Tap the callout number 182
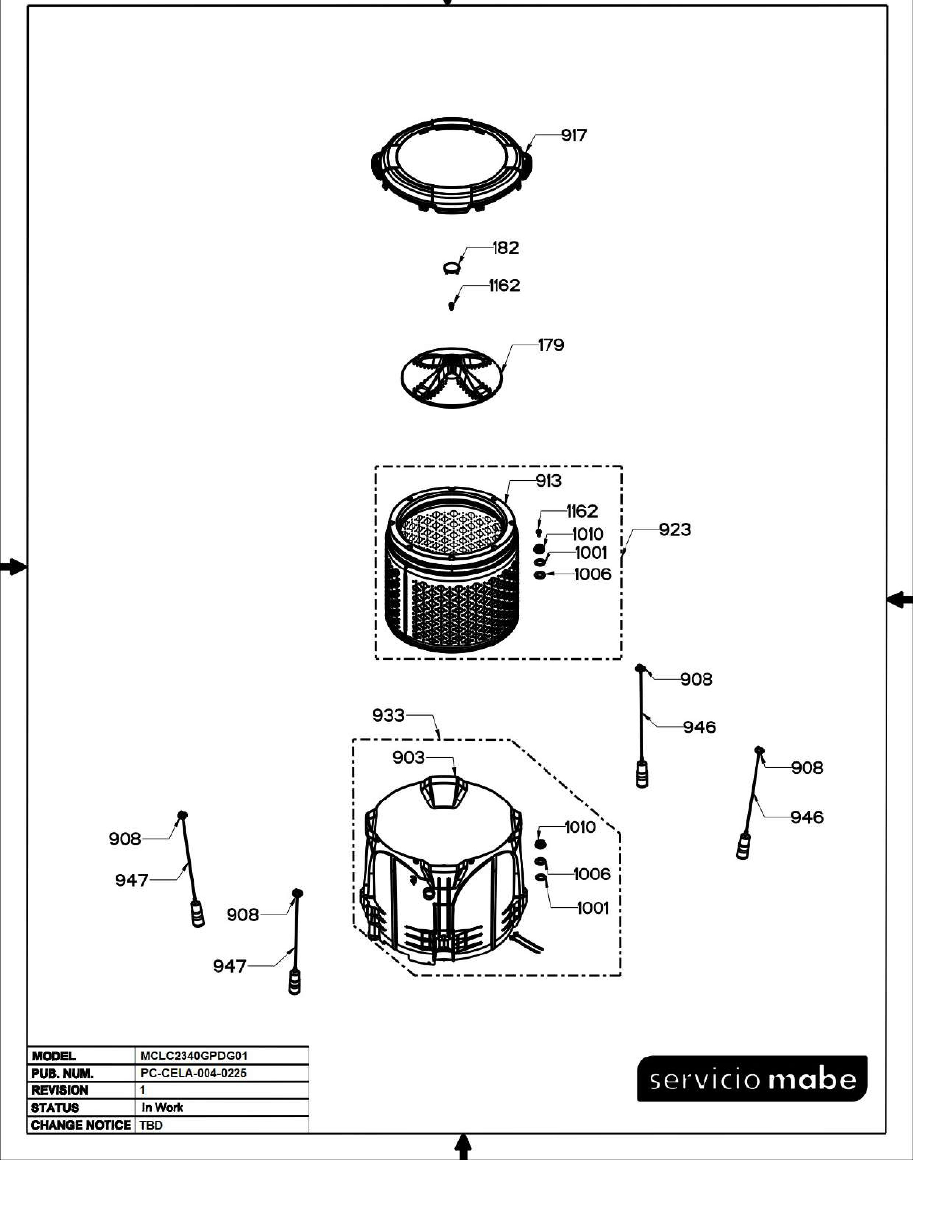tap(506, 248)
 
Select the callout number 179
tap(551, 345)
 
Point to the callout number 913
tap(549, 480)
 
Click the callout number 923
tap(675, 529)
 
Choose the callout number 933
tap(388, 715)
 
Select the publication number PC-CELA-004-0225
tap(194, 1073)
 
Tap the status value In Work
tap(162, 1107)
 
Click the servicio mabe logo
tap(752, 1078)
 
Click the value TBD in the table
tap(151, 1126)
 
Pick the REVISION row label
tap(60, 1091)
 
